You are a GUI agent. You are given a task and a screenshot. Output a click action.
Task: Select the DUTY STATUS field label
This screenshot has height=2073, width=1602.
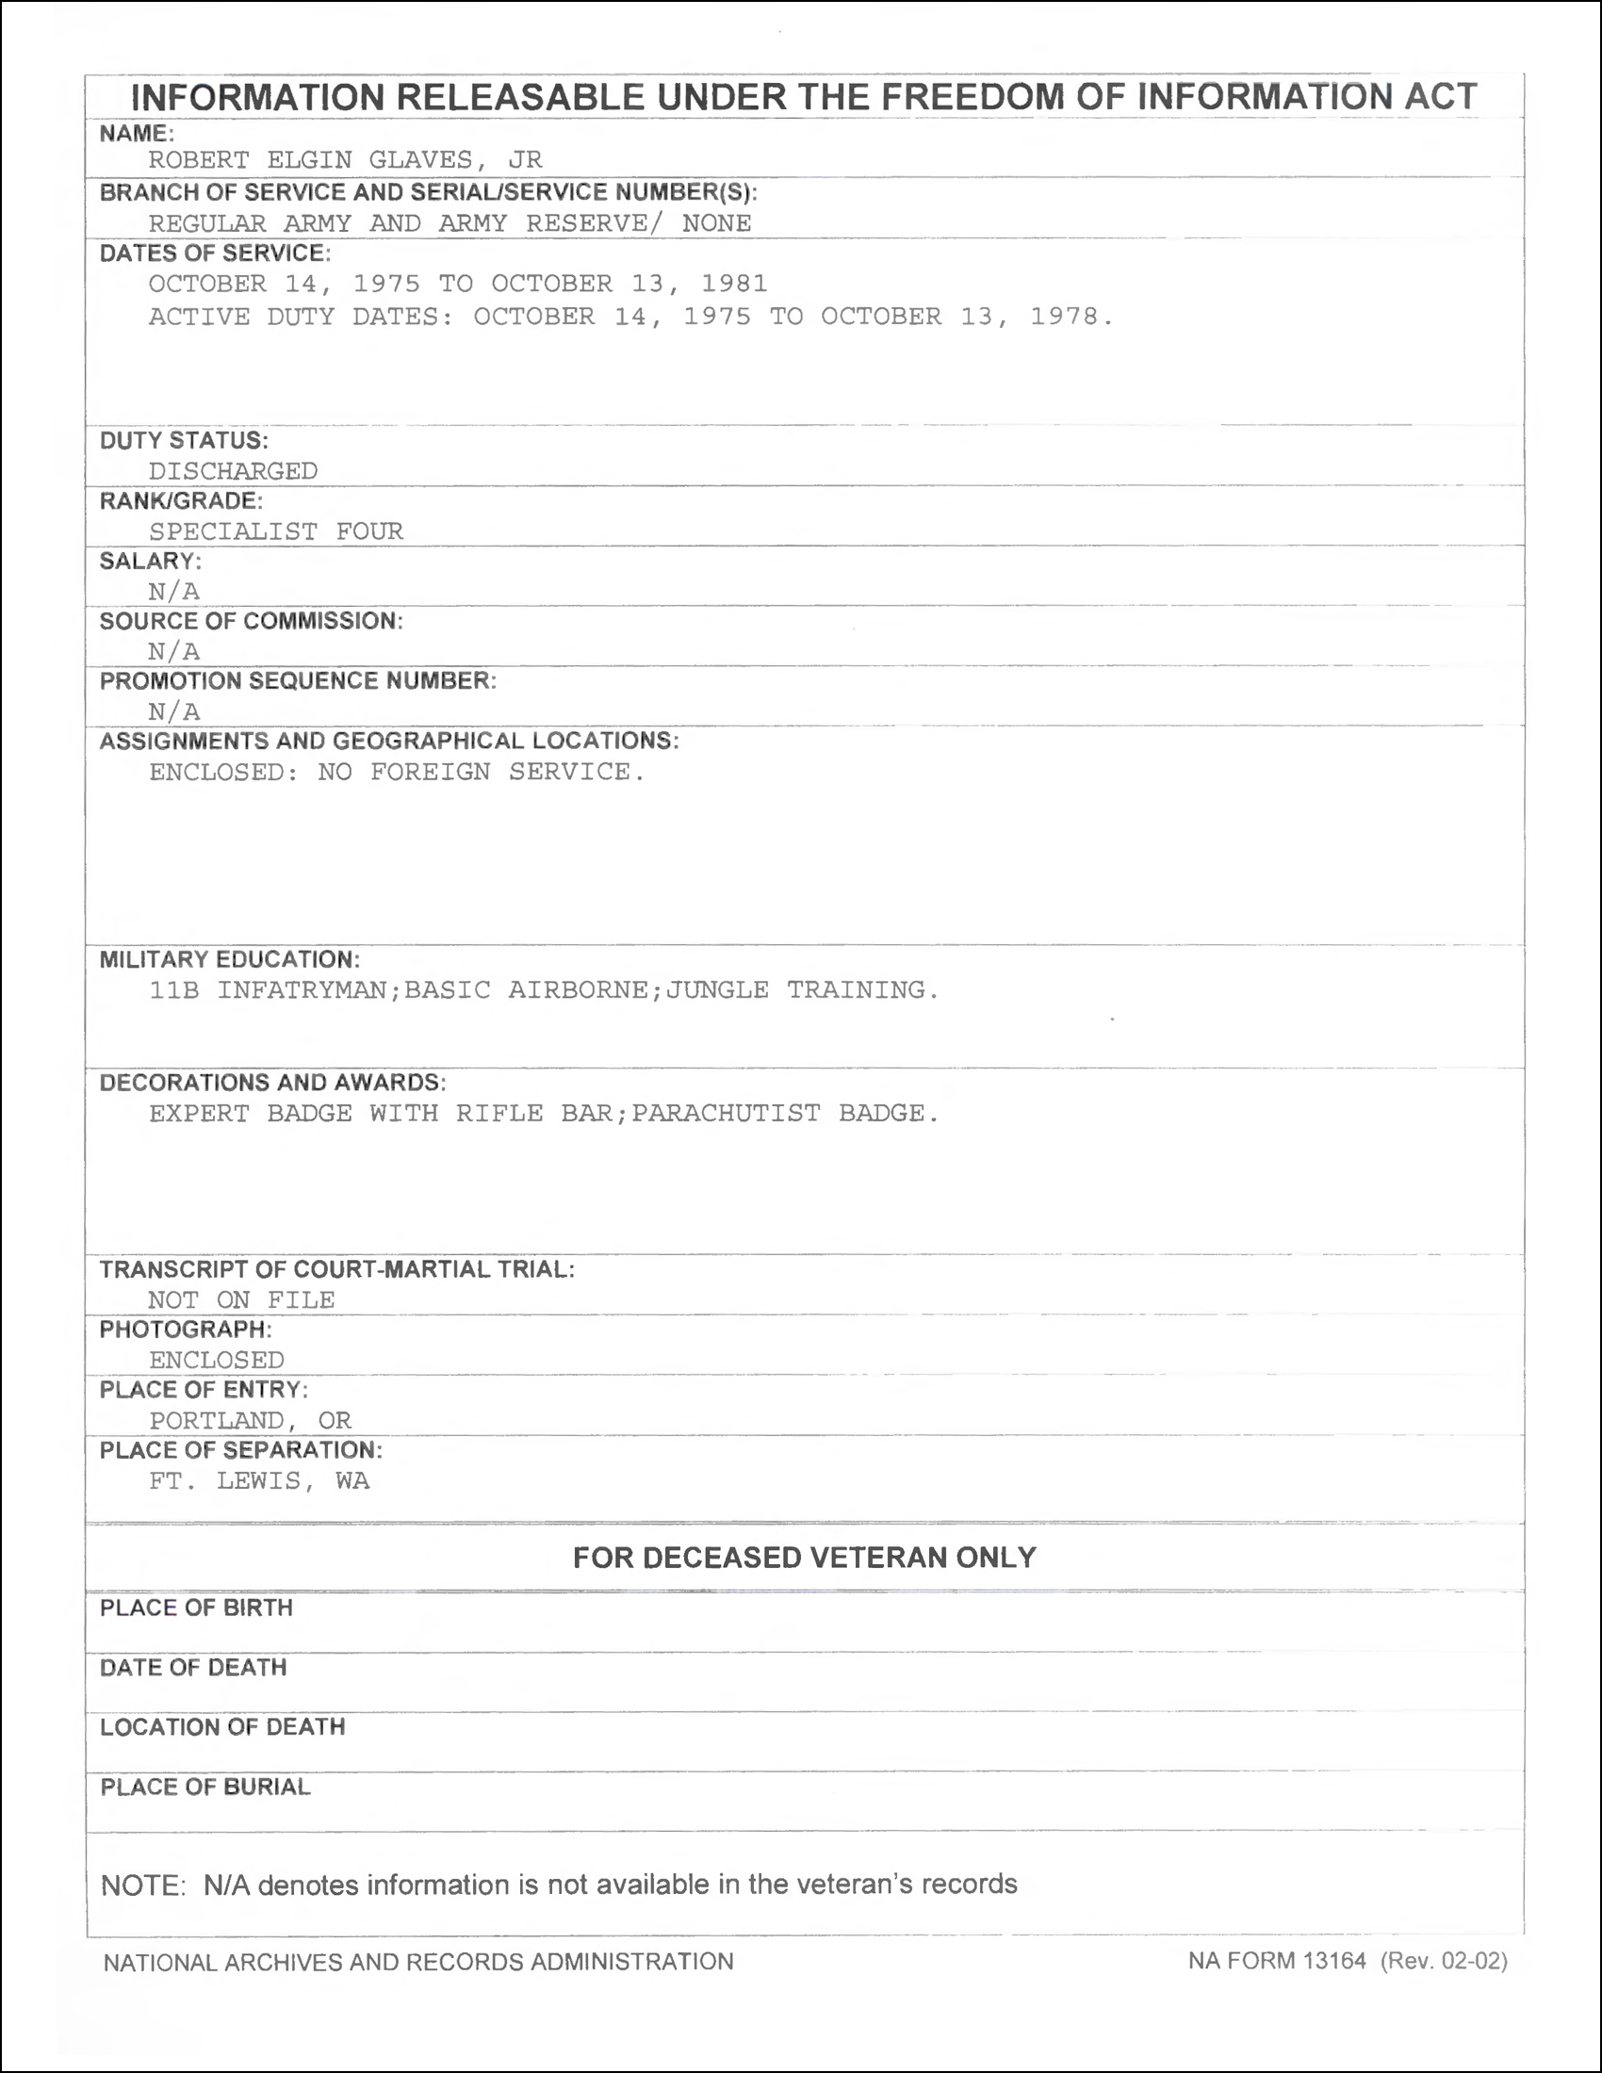tap(184, 440)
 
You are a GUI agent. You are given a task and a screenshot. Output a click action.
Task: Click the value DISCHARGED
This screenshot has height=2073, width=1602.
tap(233, 471)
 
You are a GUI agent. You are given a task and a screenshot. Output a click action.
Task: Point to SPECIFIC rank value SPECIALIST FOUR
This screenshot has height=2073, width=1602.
tap(275, 531)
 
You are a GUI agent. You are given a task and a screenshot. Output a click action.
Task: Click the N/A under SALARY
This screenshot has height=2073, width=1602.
tap(173, 592)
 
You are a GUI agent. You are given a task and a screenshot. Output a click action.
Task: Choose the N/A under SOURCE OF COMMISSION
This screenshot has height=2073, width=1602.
tap(173, 651)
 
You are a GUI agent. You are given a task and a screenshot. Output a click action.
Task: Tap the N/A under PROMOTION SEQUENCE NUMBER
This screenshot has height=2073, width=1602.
tap(173, 711)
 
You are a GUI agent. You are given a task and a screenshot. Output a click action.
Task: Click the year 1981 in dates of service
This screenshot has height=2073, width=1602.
tap(733, 284)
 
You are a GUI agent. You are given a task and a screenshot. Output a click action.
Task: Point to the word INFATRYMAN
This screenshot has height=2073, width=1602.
tap(309, 990)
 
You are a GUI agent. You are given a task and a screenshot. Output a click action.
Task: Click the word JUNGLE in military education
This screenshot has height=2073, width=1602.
tap(716, 990)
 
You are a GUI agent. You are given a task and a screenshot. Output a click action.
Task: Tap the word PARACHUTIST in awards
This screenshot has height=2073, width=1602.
tap(726, 1114)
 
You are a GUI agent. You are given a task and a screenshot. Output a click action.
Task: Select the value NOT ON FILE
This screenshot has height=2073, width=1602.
tap(241, 1300)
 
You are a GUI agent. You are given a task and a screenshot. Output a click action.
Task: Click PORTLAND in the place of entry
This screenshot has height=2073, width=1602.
tap(217, 1421)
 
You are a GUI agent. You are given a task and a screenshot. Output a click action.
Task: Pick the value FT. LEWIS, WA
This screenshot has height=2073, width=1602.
tap(258, 1480)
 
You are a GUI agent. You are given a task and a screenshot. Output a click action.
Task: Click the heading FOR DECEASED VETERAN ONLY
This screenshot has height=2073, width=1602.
tap(804, 1558)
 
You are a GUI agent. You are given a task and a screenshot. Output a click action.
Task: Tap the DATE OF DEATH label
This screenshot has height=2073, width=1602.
tap(193, 1668)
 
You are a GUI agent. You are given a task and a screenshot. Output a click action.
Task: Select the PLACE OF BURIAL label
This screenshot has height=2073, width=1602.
tap(205, 1787)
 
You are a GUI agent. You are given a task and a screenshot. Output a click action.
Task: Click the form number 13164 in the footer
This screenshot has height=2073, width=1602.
tap(1333, 1961)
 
